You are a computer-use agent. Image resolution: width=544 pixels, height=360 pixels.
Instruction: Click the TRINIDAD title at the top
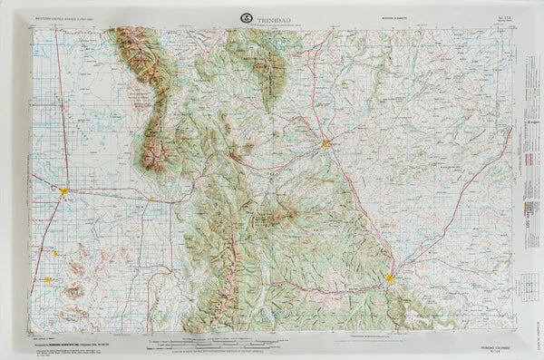click(276, 17)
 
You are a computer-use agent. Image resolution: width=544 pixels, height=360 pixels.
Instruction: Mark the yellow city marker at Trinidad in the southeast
click(390, 278)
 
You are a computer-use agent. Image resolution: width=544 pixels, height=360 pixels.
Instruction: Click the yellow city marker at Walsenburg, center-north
click(325, 142)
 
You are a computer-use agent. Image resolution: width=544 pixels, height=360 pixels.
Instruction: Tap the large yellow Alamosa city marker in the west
click(64, 190)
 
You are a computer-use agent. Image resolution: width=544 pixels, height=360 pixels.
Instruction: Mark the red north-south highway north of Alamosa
click(61, 109)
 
